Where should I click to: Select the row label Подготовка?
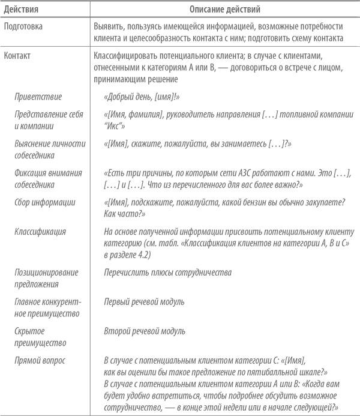coord(23,28)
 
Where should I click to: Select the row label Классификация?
coord(41,231)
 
